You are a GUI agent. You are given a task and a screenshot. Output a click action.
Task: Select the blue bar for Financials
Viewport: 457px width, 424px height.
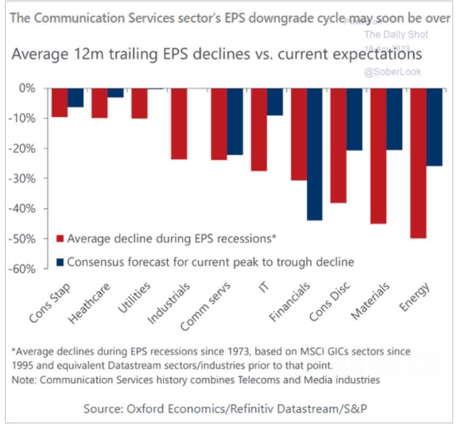point(315,154)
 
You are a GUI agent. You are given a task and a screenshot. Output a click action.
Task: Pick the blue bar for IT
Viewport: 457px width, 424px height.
point(275,101)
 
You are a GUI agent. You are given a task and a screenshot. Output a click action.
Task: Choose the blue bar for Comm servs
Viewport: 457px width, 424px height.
point(235,121)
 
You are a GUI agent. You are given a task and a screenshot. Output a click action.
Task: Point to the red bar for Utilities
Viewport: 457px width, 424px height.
point(139,103)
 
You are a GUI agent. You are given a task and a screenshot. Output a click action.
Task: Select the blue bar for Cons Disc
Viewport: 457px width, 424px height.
point(355,119)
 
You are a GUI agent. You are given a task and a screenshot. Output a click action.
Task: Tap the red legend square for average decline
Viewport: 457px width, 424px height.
point(60,238)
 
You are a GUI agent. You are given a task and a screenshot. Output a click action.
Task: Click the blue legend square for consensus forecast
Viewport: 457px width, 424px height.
point(60,262)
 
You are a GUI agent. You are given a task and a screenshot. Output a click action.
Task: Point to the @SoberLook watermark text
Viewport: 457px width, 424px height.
point(393,71)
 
